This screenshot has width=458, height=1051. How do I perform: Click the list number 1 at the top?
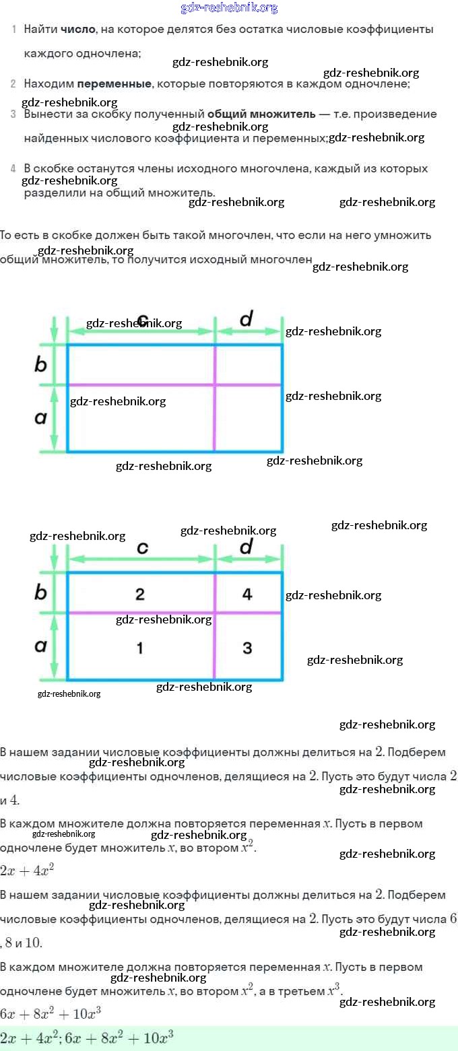(x=13, y=30)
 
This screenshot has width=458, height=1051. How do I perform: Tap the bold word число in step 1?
(x=78, y=30)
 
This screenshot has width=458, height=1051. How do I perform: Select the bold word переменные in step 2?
(x=114, y=84)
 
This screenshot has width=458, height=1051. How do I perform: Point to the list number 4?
(x=13, y=168)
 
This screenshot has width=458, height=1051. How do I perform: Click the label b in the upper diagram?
(x=40, y=364)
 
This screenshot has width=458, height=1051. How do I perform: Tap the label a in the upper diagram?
(x=40, y=418)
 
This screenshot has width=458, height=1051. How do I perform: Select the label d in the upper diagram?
(x=246, y=319)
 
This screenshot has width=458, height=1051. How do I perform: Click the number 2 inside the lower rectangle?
(x=139, y=594)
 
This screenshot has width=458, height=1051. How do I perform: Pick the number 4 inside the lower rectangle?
(x=247, y=594)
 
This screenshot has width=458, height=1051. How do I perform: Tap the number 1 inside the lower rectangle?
(x=139, y=648)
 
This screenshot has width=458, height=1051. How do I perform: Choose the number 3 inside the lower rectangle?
(x=247, y=648)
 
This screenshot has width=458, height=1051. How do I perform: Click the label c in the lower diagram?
(x=142, y=547)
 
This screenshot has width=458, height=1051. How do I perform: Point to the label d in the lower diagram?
(x=246, y=547)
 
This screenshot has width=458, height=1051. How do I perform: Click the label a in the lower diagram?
(x=40, y=646)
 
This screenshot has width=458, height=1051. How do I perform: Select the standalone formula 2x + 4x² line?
(x=27, y=870)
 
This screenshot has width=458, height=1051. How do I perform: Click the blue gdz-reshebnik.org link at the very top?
(x=229, y=8)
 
